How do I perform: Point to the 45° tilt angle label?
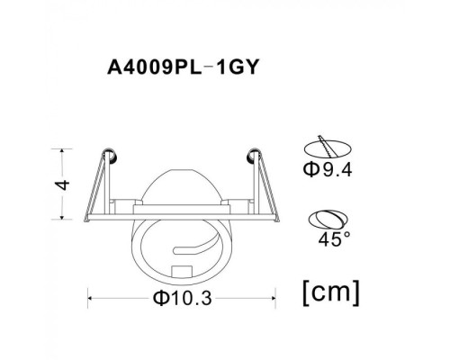pyautogui.click(x=329, y=240)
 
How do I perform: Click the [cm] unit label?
pyautogui.click(x=331, y=291)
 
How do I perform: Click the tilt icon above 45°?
pyautogui.click(x=328, y=218)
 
